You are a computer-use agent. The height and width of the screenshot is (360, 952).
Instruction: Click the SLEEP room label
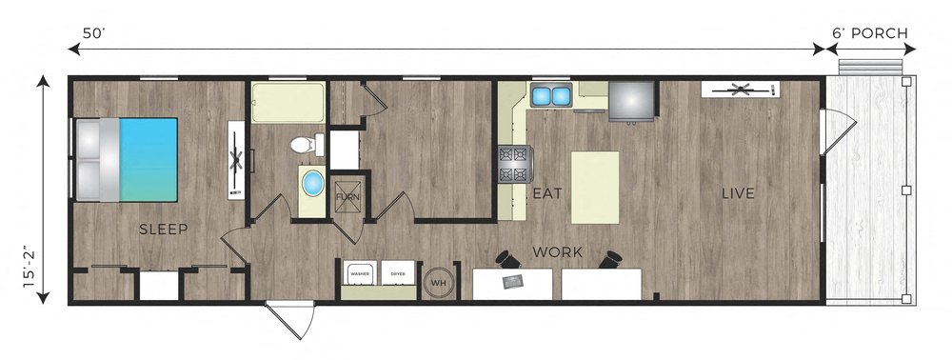[x=164, y=230]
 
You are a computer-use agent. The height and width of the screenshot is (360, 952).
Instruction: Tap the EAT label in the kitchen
[x=545, y=193]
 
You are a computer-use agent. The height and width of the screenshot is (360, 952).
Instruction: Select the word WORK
[x=557, y=253]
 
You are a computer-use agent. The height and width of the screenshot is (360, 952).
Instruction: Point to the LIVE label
[x=737, y=193]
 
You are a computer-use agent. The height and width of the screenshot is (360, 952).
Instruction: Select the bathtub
[x=287, y=102]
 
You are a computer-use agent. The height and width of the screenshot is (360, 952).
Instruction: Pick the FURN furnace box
[x=347, y=197]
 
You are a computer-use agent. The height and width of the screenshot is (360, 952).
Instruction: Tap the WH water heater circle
[x=439, y=282]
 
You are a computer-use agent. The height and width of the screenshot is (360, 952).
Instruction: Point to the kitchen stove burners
[x=511, y=164]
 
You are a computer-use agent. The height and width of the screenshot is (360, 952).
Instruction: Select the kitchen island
[x=595, y=187]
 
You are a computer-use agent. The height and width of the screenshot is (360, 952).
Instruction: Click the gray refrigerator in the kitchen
[x=630, y=100]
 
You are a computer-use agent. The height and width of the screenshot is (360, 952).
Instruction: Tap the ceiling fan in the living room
[x=739, y=90]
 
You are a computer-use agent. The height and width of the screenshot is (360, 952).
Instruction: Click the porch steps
[x=870, y=66]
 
